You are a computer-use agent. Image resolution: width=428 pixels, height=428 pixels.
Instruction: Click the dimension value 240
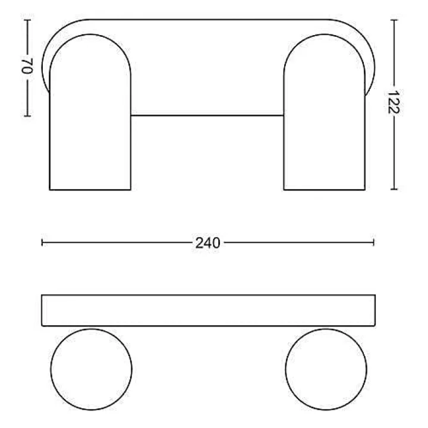click(207, 243)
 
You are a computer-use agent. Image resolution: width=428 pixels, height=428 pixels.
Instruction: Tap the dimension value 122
click(394, 102)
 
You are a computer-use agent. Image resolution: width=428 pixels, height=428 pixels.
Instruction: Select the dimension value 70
click(27, 66)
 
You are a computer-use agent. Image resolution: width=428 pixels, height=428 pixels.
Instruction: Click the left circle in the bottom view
click(91, 369)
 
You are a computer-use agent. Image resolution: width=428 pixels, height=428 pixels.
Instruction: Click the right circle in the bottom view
click(326, 369)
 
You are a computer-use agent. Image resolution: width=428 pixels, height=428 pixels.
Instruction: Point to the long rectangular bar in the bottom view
click(208, 310)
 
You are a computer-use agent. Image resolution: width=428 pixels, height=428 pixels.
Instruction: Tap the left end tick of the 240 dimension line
click(42, 243)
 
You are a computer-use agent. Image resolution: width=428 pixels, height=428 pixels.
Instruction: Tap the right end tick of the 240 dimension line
click(374, 243)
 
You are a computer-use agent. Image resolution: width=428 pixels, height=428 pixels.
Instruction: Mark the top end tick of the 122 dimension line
click(394, 20)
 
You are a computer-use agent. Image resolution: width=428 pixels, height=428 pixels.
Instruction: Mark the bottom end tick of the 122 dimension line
click(394, 189)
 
